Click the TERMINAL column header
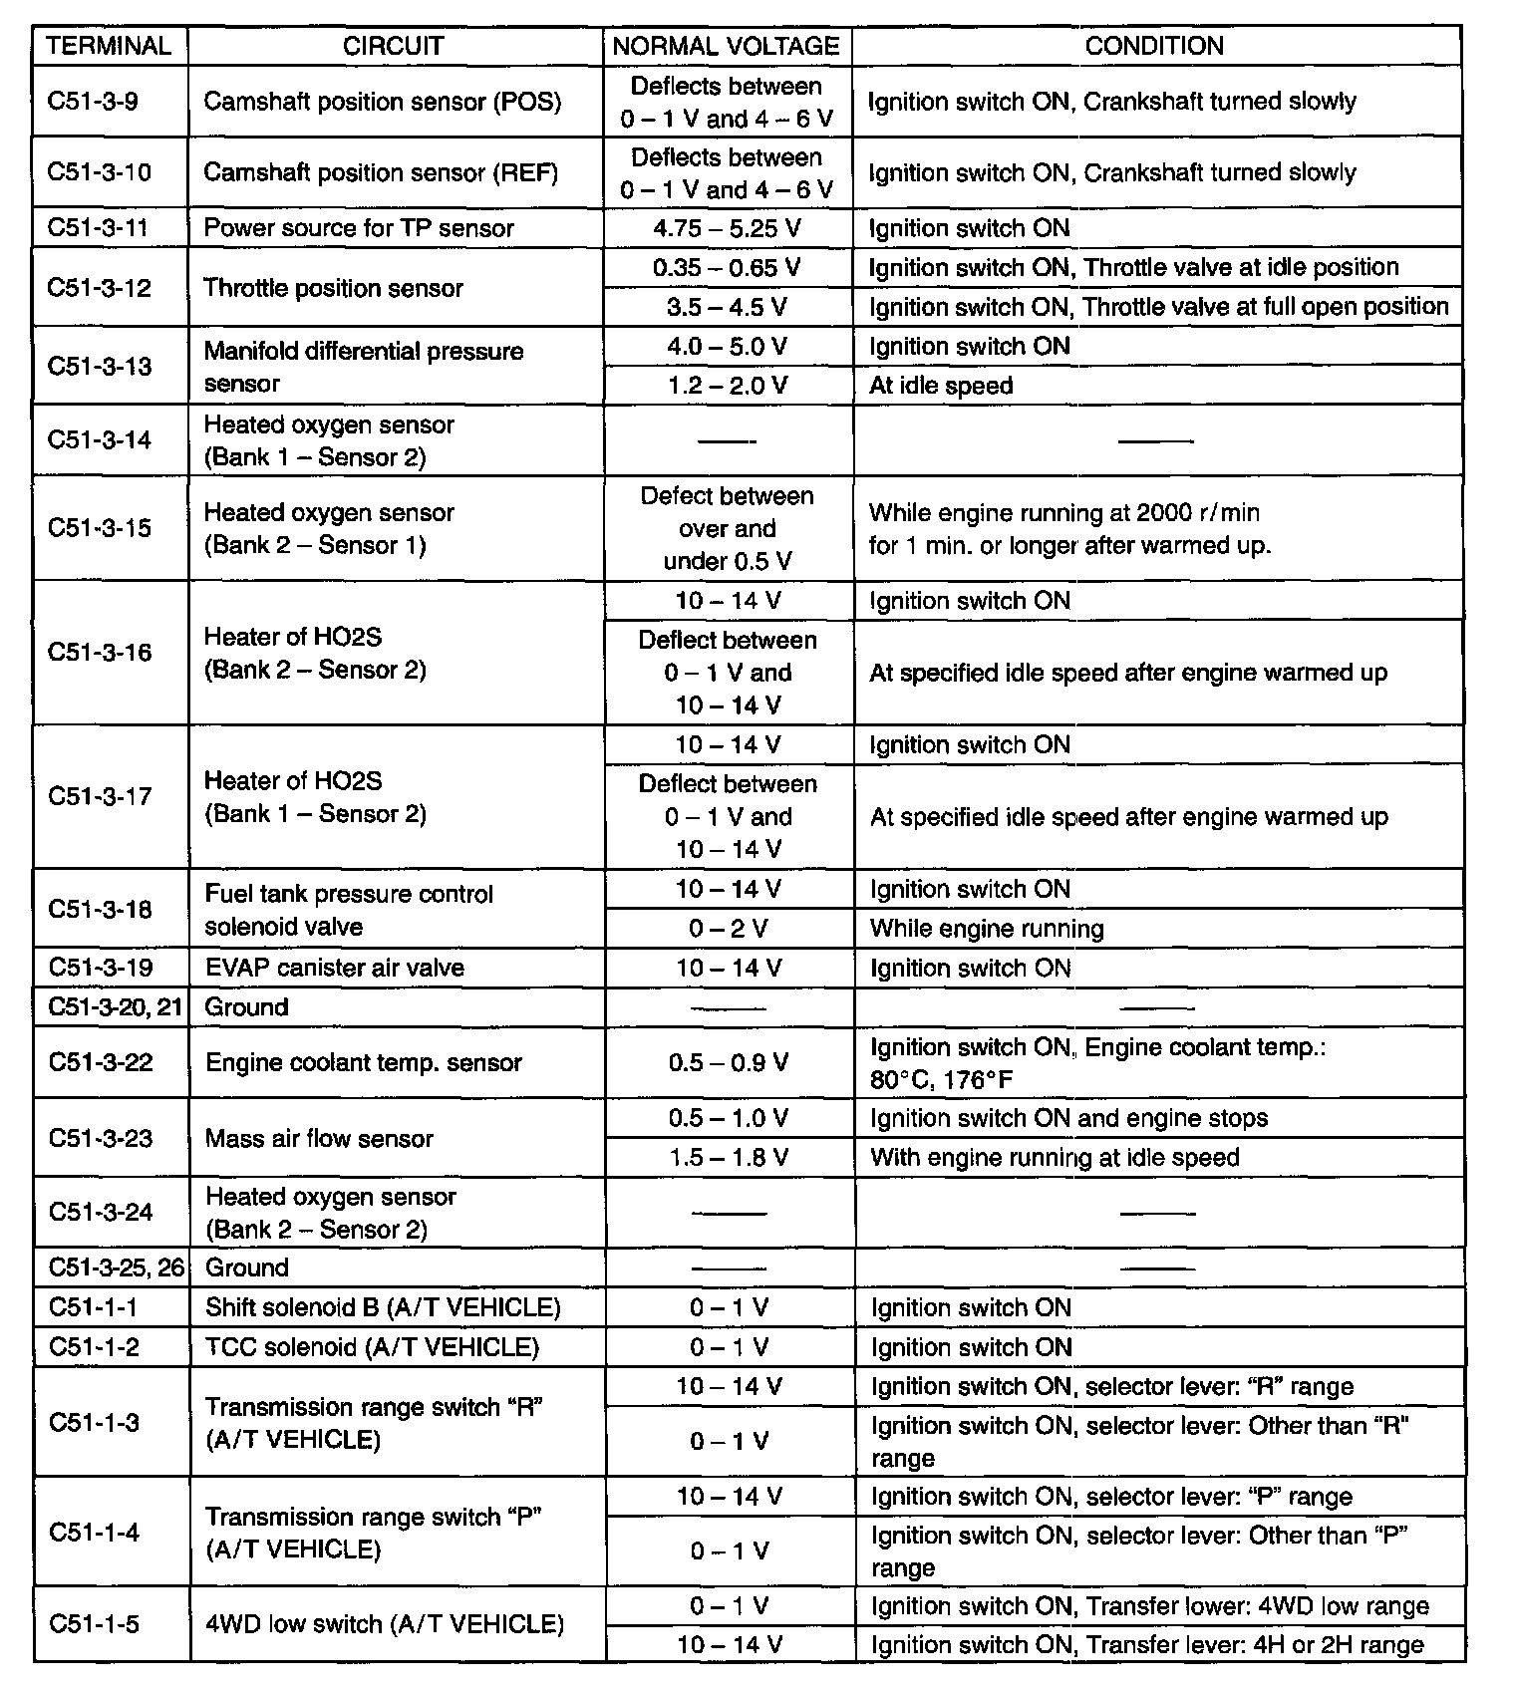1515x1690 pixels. coord(110,46)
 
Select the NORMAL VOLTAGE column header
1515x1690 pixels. coord(727,46)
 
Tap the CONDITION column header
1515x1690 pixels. coord(1154,46)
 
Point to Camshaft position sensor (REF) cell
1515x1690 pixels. coord(381,172)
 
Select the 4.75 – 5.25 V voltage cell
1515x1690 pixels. coord(727,228)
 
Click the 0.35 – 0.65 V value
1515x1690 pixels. coord(727,268)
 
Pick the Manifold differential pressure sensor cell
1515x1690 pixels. coord(364,367)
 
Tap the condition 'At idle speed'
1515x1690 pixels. coord(941,386)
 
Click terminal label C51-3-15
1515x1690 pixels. coord(100,528)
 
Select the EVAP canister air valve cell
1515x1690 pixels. coord(335,968)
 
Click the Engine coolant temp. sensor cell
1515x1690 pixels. coord(364,1062)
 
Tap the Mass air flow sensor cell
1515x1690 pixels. coord(319,1138)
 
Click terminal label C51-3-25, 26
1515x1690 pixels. coord(116,1267)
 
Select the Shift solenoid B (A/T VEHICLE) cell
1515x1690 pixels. coord(383,1307)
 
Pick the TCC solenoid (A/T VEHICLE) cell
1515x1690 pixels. coord(372,1347)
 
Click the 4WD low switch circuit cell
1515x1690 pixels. coord(385,1624)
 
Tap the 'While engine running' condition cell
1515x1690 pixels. coord(987,929)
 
